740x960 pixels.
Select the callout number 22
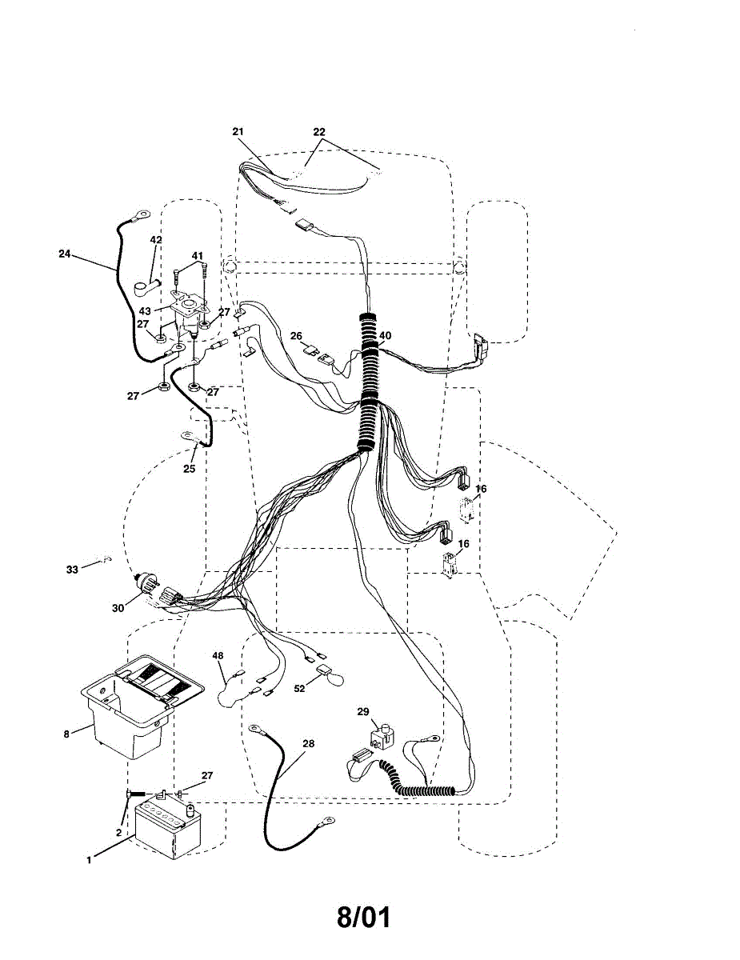(319, 131)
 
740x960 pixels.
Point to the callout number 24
(65, 254)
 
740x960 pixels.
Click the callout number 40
(386, 335)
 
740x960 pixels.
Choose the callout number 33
(72, 569)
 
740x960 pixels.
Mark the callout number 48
(218, 656)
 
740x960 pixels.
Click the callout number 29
(362, 711)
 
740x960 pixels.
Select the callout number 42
(156, 240)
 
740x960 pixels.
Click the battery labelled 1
(168, 828)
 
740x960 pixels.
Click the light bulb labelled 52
(330, 676)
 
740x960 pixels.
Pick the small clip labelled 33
(104, 560)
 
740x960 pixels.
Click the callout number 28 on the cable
(309, 744)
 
